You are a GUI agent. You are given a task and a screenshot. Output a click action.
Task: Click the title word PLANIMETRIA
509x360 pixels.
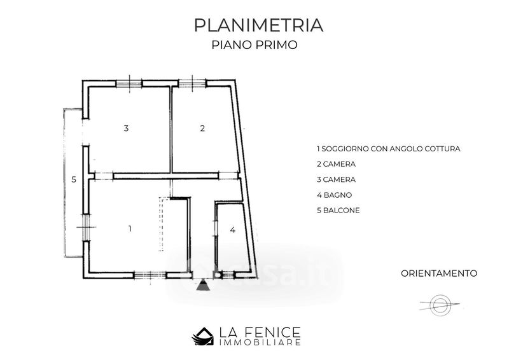pos(259,25)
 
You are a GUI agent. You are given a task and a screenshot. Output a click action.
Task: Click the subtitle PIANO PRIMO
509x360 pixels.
pos(254,45)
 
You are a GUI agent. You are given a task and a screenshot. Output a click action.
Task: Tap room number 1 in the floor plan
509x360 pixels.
pos(130,229)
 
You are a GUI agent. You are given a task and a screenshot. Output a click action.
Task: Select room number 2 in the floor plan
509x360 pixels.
pos(202,128)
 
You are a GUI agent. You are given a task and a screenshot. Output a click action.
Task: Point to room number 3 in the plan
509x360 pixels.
pos(126,128)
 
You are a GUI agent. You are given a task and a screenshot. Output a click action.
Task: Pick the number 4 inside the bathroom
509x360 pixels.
pos(232,230)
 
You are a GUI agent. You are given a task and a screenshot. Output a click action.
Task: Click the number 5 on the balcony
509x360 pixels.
pos(74,179)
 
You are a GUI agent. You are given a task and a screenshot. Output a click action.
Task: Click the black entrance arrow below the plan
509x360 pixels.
pos(202,285)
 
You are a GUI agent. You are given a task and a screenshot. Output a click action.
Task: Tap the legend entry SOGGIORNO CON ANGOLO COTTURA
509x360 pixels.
pos(391,149)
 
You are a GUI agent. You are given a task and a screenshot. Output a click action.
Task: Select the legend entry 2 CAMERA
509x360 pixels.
pos(337,164)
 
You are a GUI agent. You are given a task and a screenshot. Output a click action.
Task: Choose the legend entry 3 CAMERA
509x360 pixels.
pos(337,179)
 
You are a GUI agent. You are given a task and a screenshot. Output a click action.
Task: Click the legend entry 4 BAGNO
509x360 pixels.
pos(335,195)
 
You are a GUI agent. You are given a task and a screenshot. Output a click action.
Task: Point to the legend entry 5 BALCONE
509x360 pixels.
pos(338,211)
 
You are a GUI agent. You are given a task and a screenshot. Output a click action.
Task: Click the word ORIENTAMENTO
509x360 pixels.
pos(439,273)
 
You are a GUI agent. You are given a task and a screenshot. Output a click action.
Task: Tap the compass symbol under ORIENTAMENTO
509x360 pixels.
pos(440,305)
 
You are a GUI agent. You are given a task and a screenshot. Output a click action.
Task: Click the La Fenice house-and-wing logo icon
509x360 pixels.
pos(203,336)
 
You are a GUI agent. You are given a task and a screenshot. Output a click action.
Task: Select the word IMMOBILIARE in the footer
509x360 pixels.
pos(260,342)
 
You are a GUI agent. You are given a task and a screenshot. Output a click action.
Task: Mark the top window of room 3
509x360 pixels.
pos(129,84)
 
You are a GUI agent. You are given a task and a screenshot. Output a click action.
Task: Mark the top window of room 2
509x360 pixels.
pos(192,83)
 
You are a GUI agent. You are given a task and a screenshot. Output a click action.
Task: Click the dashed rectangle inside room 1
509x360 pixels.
pos(161,224)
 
